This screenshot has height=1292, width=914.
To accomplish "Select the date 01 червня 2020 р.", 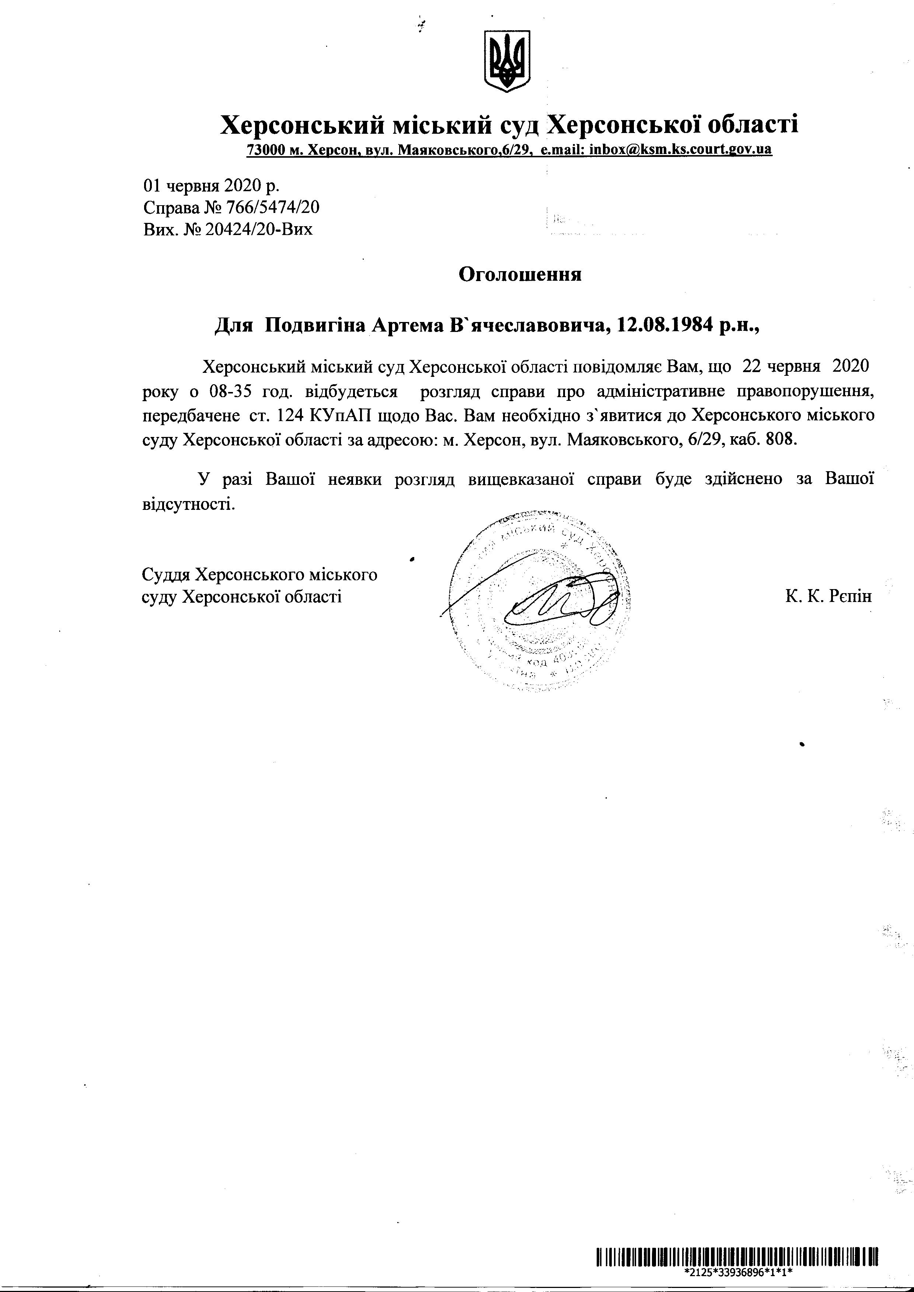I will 211,186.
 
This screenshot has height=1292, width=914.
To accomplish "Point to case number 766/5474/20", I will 272,208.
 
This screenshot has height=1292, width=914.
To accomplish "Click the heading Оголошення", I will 520,274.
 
